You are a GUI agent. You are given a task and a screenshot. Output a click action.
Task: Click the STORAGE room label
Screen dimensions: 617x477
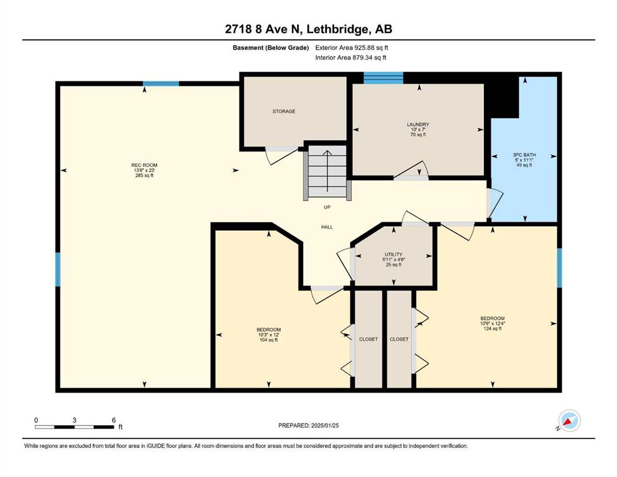[x=284, y=111]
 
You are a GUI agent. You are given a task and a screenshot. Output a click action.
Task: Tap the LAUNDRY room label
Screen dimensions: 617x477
[x=418, y=124]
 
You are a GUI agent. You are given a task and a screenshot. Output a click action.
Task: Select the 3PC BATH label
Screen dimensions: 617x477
[x=524, y=155]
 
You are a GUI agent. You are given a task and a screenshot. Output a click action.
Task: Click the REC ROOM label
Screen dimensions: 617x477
[x=144, y=165]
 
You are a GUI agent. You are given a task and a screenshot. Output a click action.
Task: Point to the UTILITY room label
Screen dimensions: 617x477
[x=393, y=255]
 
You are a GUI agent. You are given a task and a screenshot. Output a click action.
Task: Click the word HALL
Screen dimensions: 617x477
[x=327, y=227]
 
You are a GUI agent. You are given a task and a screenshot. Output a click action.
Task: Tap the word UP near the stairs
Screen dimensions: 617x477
[x=327, y=207]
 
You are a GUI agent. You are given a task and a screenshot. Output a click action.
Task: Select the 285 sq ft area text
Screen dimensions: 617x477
[x=144, y=175]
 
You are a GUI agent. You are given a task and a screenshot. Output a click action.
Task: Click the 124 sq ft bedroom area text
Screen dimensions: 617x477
[x=492, y=329]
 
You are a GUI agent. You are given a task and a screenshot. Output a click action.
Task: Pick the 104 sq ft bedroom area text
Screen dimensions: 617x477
[x=268, y=340]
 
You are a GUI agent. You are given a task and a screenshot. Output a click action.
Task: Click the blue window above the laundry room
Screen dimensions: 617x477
[x=383, y=78]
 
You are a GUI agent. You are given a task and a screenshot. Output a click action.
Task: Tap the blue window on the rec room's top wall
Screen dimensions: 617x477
[x=161, y=83]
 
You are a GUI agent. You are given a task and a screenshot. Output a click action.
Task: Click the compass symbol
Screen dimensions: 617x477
[x=569, y=420]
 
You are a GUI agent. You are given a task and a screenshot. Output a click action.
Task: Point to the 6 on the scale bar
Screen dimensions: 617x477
[x=114, y=420]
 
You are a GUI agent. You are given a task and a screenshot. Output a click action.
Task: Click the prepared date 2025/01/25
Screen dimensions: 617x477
[x=324, y=425]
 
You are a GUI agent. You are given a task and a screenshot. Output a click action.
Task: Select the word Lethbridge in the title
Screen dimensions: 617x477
[x=337, y=29]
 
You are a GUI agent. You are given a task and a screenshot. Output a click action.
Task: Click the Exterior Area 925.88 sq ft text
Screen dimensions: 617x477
[x=352, y=48]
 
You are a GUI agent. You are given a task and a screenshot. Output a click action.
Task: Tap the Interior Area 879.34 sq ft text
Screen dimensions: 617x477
[x=350, y=57]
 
